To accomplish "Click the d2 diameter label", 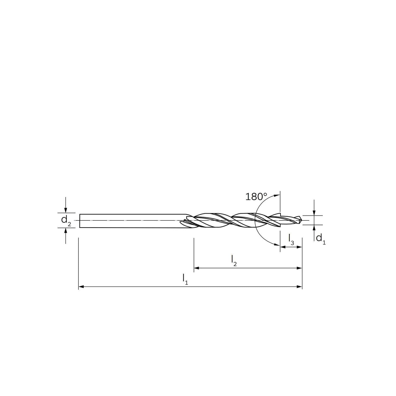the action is coord(66,220).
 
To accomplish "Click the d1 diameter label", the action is coord(321,239).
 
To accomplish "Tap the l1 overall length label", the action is coord(185,279).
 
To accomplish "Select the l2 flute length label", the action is coord(234,260).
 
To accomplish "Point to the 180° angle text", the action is coord(256,197).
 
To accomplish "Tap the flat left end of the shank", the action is coord(80,220).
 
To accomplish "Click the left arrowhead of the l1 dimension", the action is coord(81,286).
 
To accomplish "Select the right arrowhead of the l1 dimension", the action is coord(299,286).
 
